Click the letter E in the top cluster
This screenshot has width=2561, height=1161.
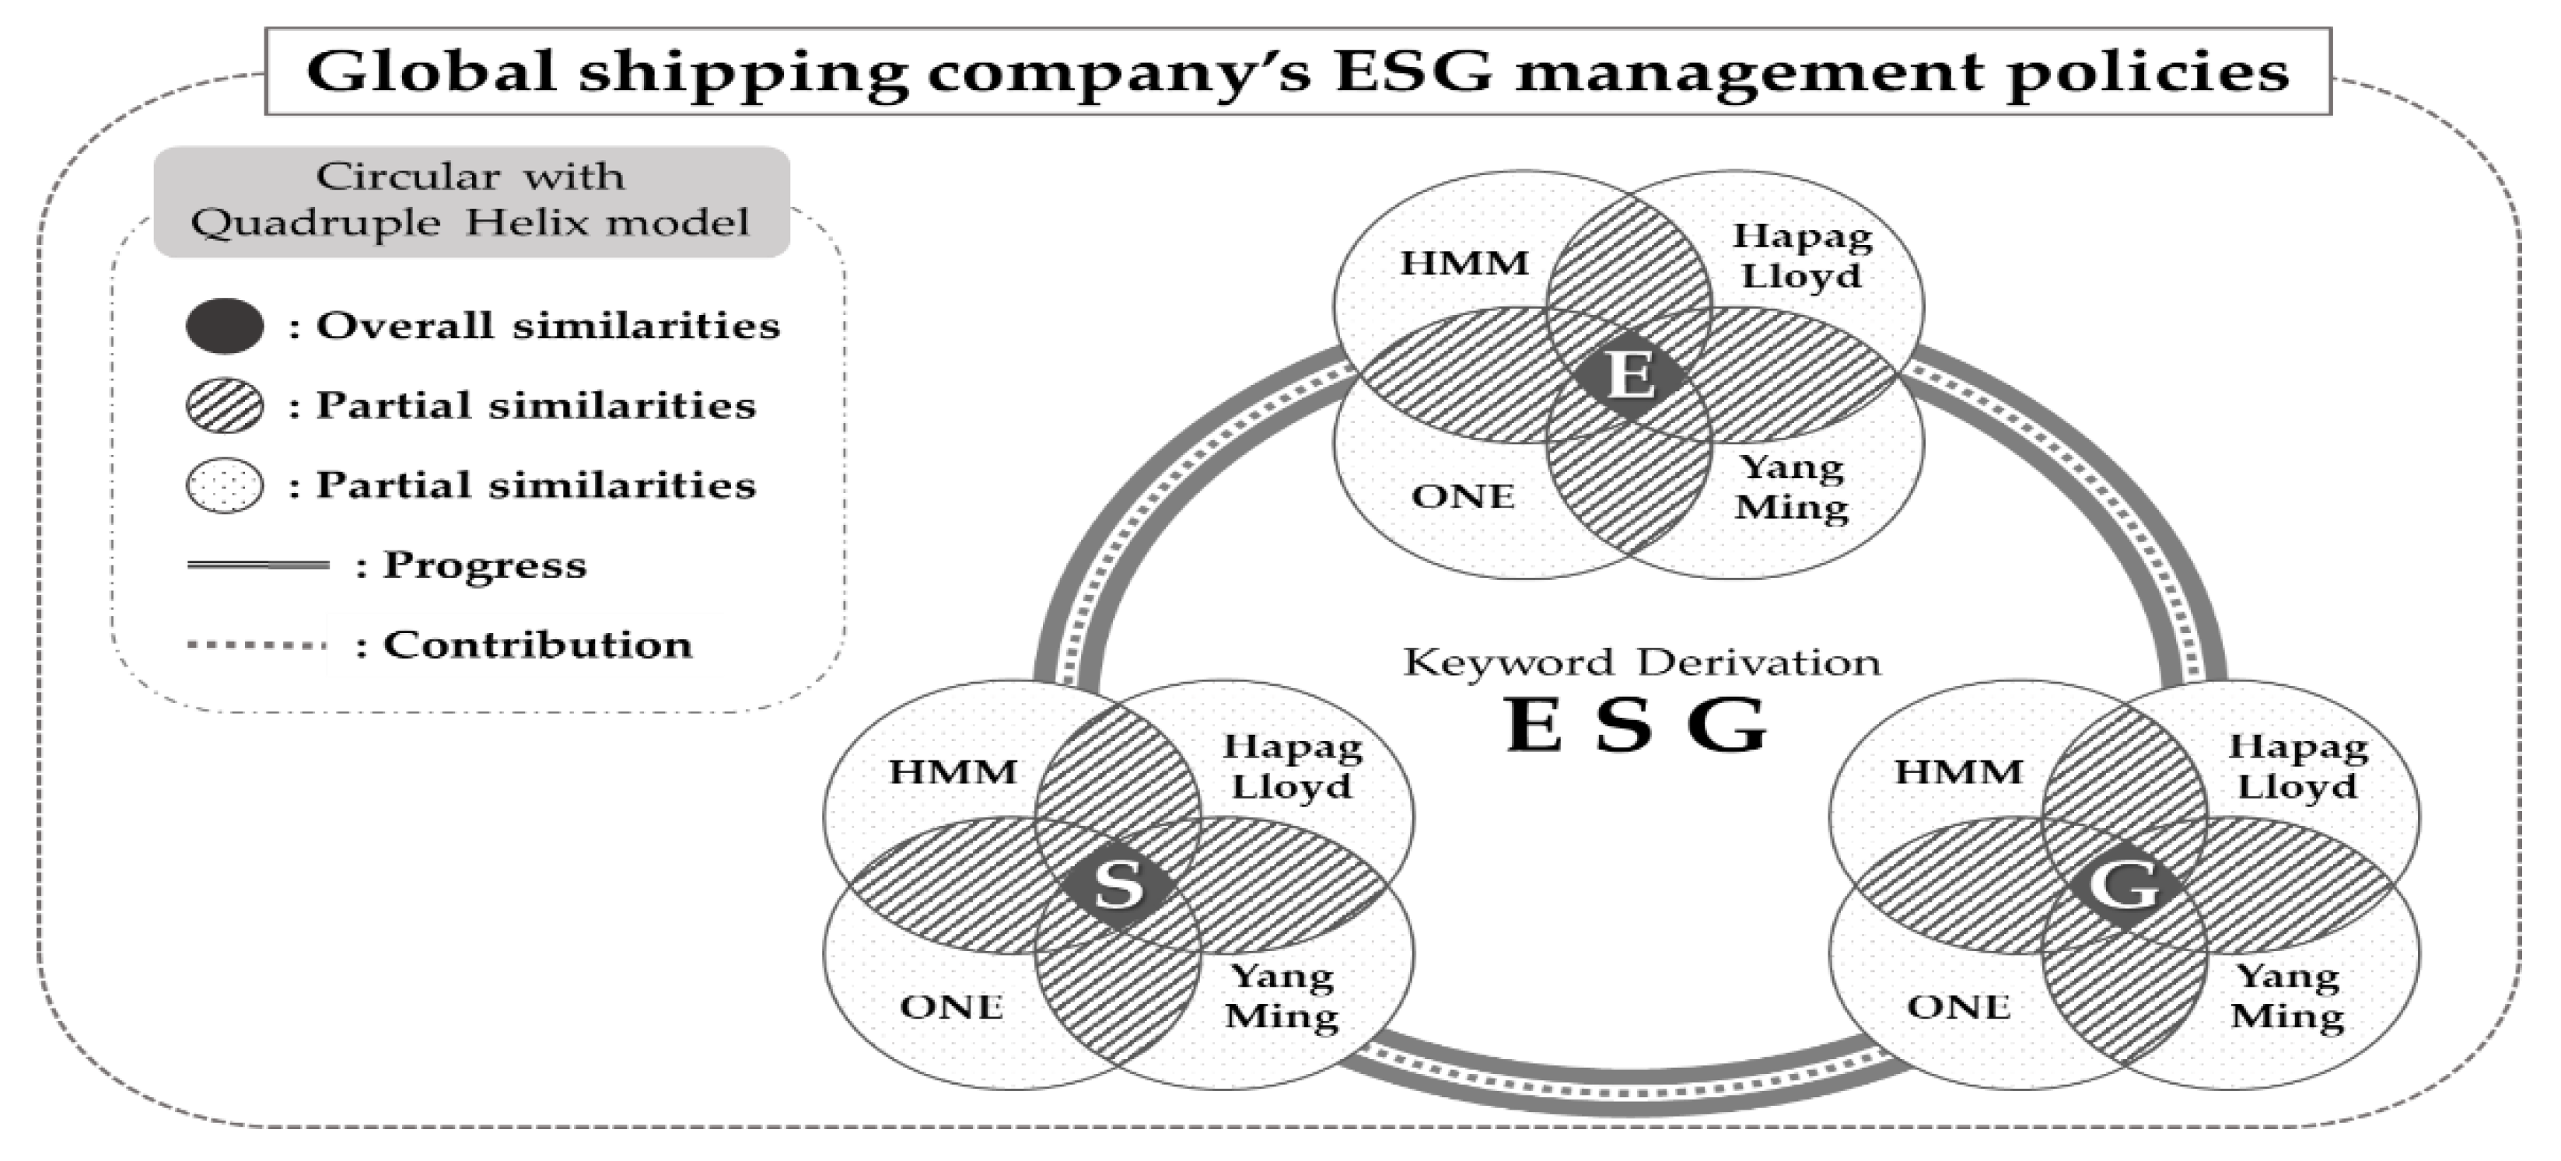pos(1630,376)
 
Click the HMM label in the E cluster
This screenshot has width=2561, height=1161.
pos(1464,264)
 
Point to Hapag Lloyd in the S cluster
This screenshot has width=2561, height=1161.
pos(1292,767)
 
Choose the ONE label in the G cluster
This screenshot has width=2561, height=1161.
pos(1958,1007)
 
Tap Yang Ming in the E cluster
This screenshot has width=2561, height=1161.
pos(1792,487)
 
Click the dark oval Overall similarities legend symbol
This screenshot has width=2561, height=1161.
pos(225,326)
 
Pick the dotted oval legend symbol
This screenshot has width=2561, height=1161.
pos(225,485)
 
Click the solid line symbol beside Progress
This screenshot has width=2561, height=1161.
pos(257,565)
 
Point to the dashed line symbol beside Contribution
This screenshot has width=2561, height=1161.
pos(257,645)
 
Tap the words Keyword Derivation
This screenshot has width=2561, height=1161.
pos(1642,662)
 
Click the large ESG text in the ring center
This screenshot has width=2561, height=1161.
pos(1637,726)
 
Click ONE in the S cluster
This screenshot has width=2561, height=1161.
pos(951,1007)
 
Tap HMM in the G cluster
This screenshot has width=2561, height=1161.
pos(1958,772)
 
